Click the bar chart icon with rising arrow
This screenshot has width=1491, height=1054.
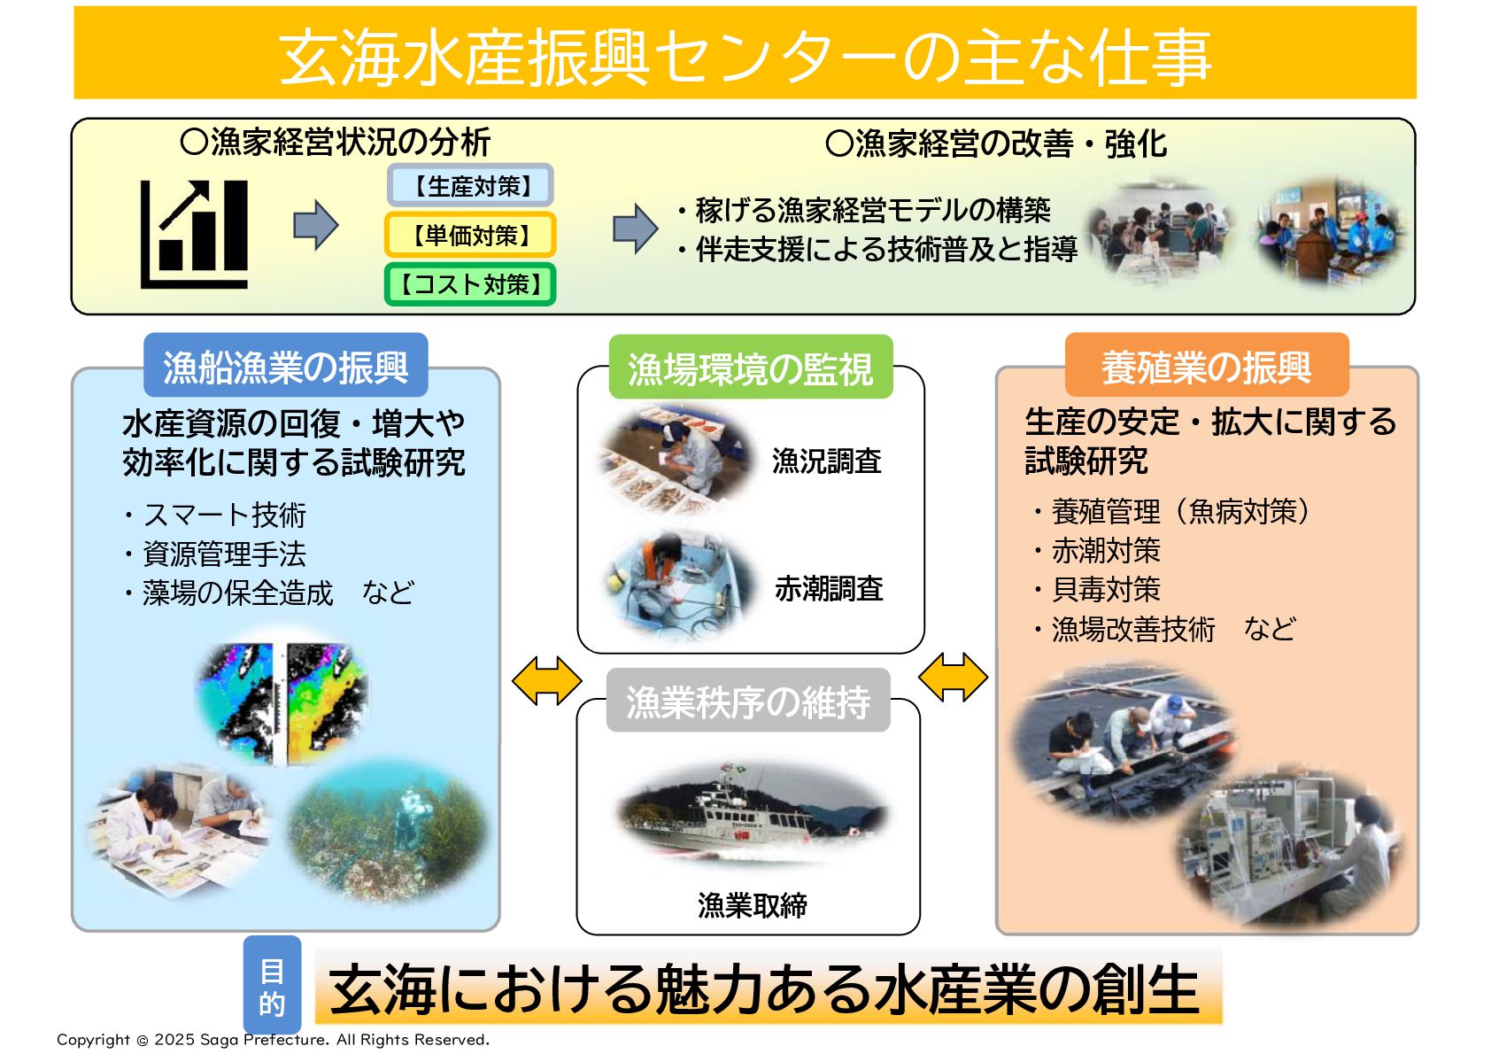(194, 234)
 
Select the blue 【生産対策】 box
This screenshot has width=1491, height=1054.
(471, 185)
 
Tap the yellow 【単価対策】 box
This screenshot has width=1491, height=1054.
(471, 235)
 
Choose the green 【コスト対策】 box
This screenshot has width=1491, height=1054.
(471, 284)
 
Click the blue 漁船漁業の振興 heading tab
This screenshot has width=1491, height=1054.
(286, 366)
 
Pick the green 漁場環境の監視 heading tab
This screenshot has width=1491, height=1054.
(751, 368)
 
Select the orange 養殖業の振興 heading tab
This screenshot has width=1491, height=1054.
(1207, 366)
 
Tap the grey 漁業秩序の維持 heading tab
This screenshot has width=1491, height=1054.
(748, 701)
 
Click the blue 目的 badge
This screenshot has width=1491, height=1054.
(272, 985)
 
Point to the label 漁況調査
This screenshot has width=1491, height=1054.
(827, 461)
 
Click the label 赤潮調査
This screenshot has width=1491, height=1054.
(829, 589)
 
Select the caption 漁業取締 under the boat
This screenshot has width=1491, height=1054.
(753, 905)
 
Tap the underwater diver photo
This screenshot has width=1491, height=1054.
(389, 831)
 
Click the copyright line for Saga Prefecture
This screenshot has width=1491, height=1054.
(273, 1039)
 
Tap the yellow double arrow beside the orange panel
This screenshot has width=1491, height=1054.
(953, 678)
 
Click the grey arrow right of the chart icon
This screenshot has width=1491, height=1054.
(316, 225)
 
